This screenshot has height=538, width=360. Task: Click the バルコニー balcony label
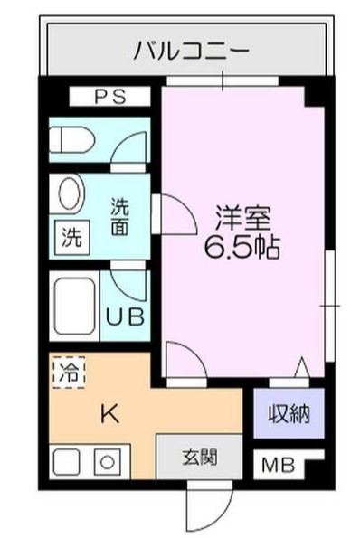(x=190, y=50)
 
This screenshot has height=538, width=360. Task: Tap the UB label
(x=122, y=317)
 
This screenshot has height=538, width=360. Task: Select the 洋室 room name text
(x=242, y=217)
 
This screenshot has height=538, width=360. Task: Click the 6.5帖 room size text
(x=242, y=246)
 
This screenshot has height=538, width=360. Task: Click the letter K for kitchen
(x=108, y=414)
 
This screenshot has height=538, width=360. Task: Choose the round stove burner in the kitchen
(x=107, y=464)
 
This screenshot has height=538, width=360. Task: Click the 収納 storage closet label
(x=288, y=414)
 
